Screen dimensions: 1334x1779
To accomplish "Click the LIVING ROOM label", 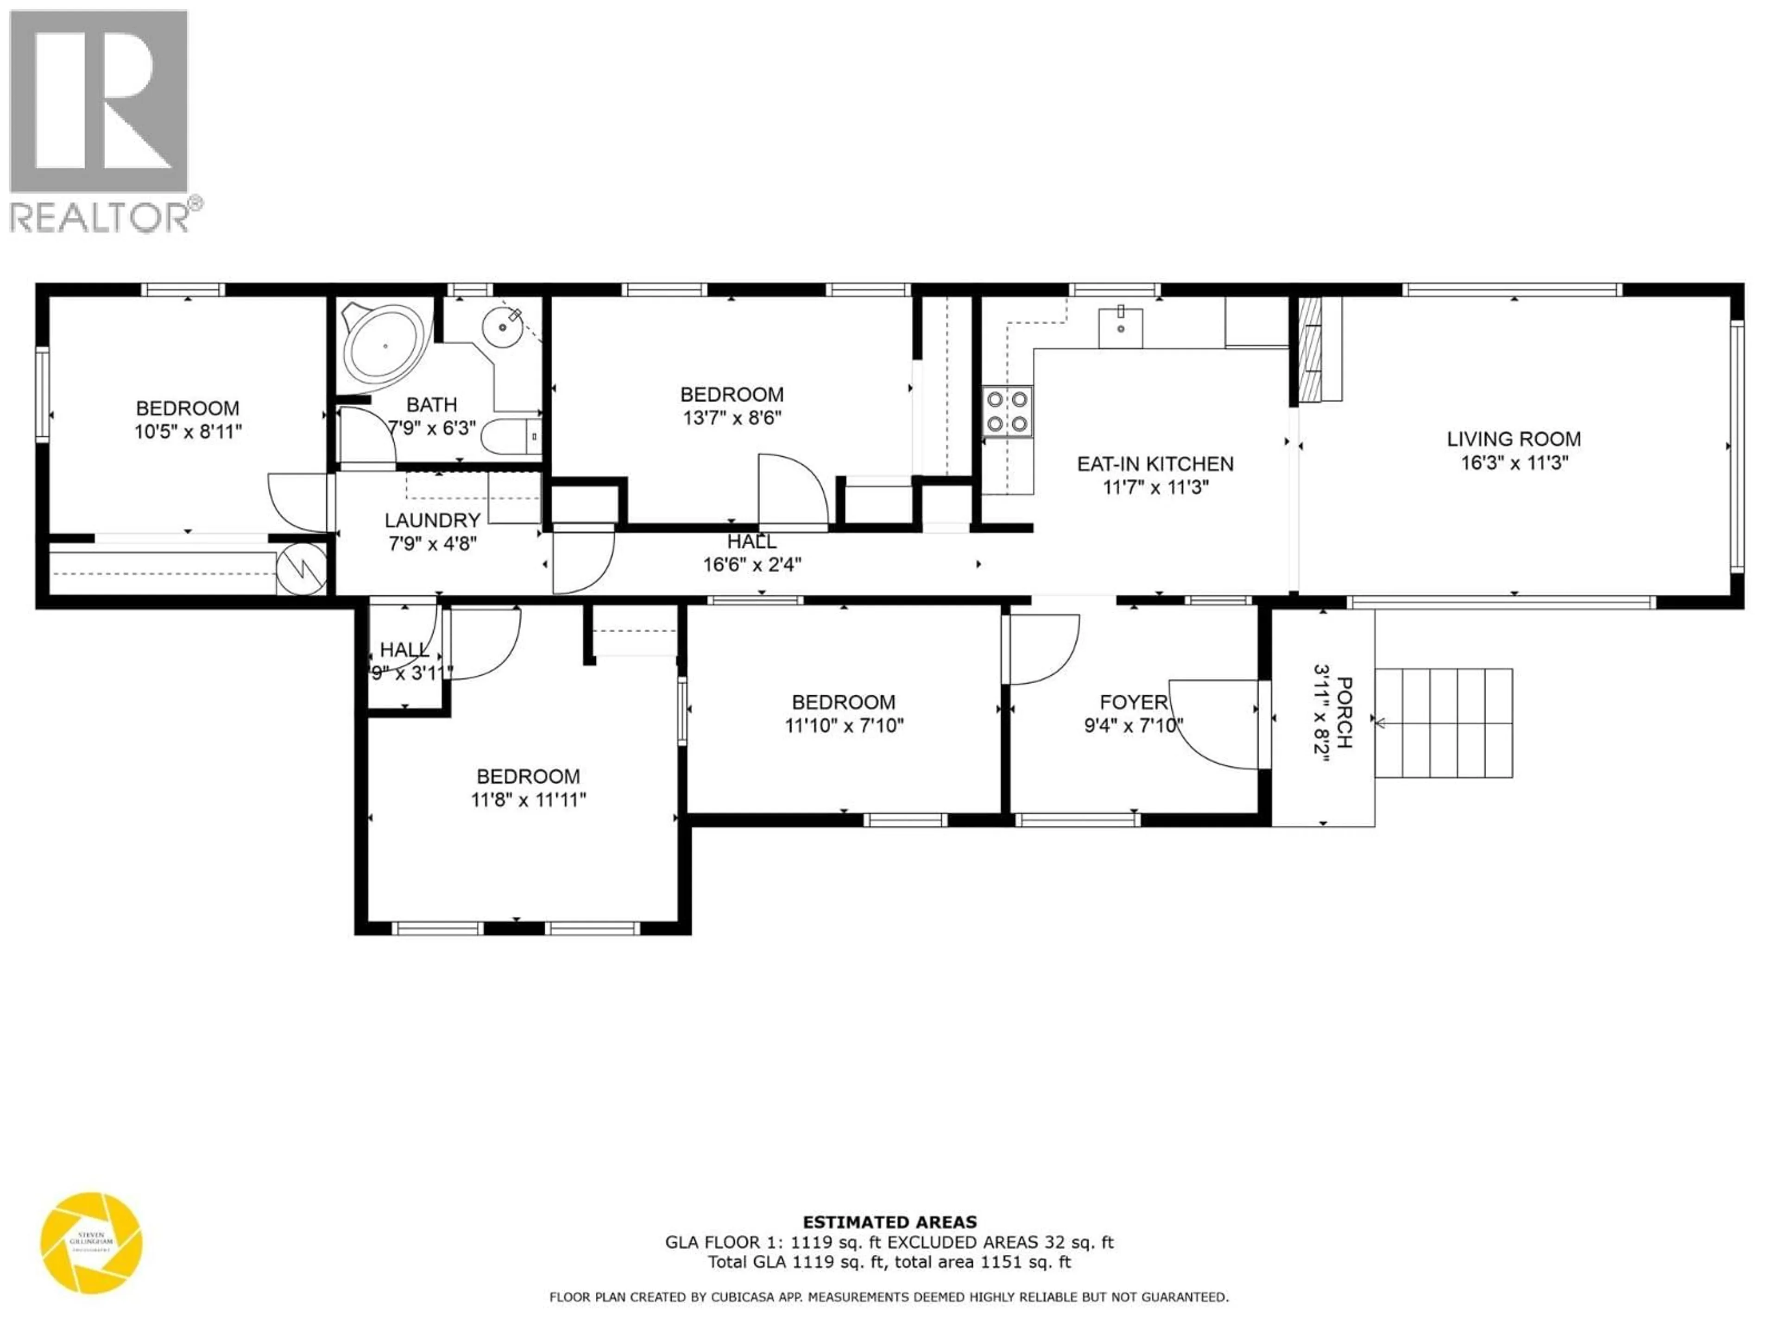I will tap(1514, 439).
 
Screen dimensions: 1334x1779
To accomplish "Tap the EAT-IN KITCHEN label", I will tap(1155, 464).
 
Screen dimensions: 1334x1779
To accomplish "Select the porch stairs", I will tap(1444, 723).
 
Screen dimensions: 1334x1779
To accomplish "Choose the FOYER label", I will tap(1133, 702).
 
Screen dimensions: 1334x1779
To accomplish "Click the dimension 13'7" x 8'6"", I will tap(731, 418).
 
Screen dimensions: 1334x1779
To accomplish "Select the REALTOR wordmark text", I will tap(101, 217).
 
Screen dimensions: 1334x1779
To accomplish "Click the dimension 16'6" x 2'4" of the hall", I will tap(752, 565).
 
